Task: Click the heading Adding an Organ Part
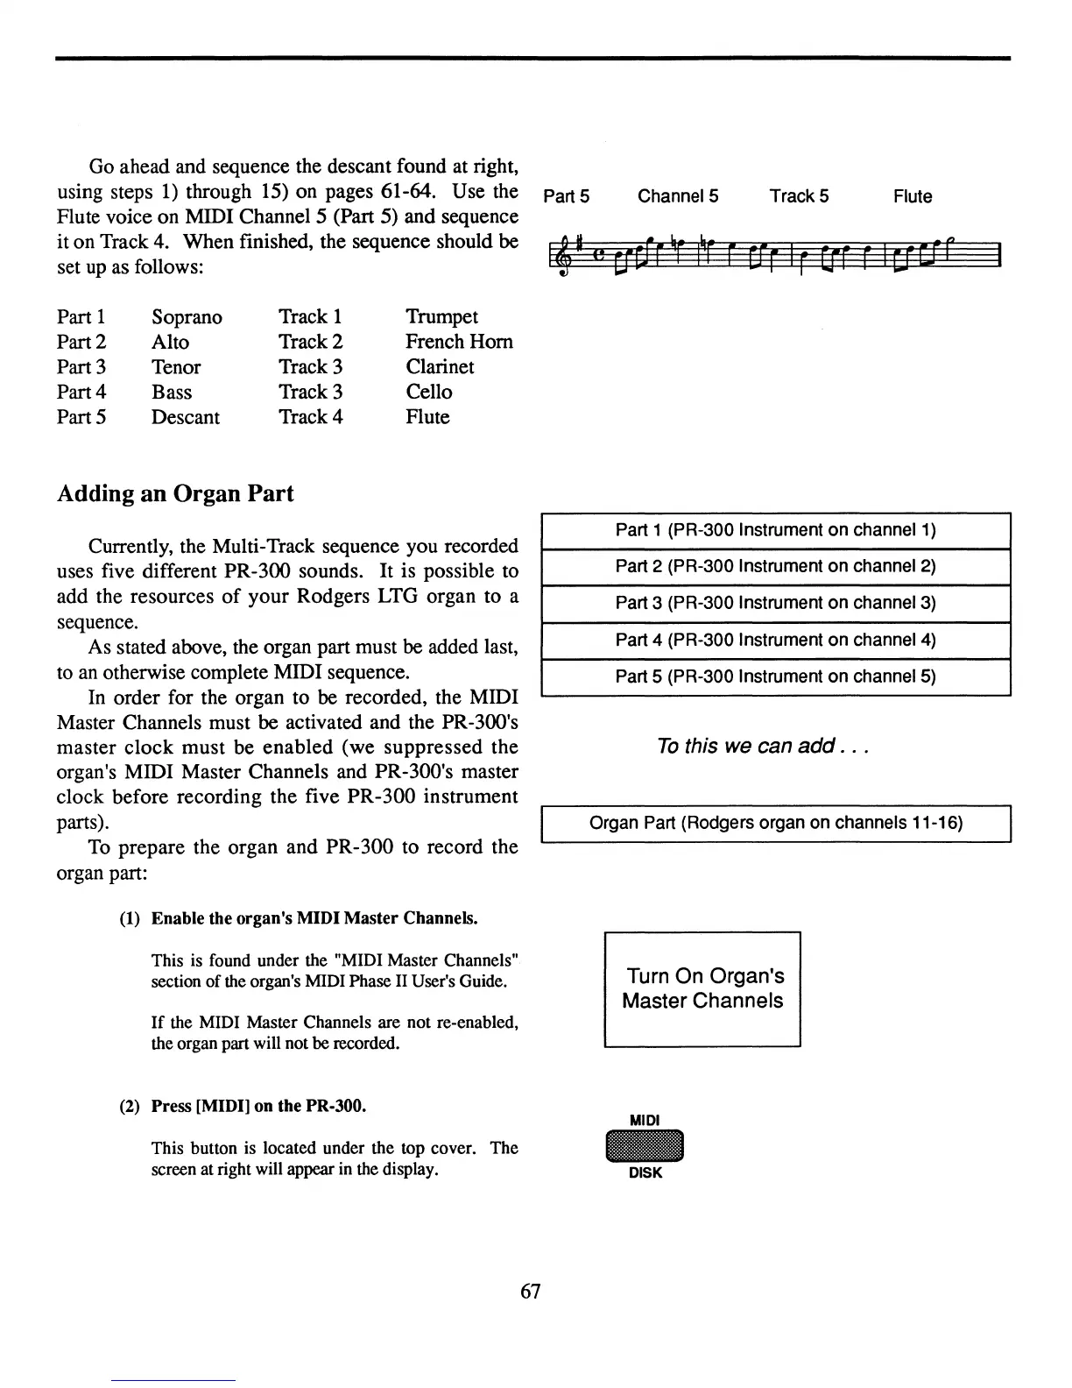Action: pyautogui.click(x=175, y=494)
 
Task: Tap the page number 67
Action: pyautogui.click(x=531, y=1291)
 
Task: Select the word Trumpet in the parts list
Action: pyautogui.click(x=441, y=317)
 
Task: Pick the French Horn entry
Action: pyautogui.click(x=459, y=342)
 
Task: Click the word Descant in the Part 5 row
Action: pyautogui.click(x=186, y=417)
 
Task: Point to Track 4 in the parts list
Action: pyautogui.click(x=310, y=417)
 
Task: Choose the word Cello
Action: pyautogui.click(x=429, y=393)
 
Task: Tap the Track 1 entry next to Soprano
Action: pyautogui.click(x=310, y=317)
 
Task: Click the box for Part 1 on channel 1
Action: pyautogui.click(x=776, y=530)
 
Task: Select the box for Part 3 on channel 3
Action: pyautogui.click(x=776, y=604)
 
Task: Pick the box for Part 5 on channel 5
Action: pyautogui.click(x=776, y=677)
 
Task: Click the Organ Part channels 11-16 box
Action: pyautogui.click(x=776, y=824)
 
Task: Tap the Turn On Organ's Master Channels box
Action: pyautogui.click(x=702, y=989)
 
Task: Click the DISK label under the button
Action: pyautogui.click(x=645, y=1173)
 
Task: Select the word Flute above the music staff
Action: pyautogui.click(x=913, y=197)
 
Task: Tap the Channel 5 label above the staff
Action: pyautogui.click(x=678, y=197)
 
